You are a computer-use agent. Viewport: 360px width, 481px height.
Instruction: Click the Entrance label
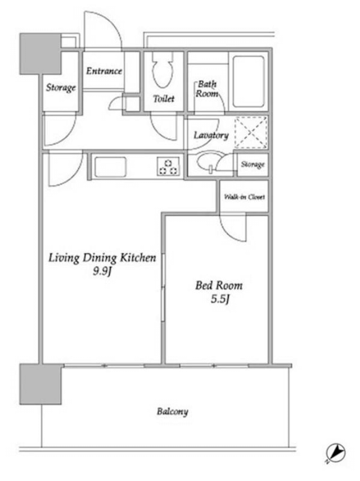104,71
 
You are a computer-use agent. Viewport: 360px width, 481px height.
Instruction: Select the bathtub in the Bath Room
248,82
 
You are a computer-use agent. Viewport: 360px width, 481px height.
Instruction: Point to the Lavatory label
211,135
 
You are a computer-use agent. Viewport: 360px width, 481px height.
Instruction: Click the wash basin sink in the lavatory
208,162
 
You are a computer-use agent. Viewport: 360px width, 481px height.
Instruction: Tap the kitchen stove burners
168,167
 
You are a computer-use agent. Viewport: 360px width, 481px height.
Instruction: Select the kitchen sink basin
110,167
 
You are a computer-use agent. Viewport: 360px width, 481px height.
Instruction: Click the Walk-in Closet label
245,197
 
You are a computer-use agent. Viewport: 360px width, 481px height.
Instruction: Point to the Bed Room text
219,286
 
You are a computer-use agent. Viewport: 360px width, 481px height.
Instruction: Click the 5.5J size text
220,299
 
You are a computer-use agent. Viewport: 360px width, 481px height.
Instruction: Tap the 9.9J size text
102,271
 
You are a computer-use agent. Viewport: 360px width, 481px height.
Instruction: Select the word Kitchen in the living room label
138,257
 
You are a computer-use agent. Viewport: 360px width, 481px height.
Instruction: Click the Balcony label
173,412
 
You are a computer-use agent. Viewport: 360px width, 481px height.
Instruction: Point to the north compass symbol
336,453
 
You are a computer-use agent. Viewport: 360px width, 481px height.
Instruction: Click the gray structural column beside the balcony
40,384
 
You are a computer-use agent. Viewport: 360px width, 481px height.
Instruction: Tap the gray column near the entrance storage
40,54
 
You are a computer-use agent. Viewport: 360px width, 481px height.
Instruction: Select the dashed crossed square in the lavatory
251,133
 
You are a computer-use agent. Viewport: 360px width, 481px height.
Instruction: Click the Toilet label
164,99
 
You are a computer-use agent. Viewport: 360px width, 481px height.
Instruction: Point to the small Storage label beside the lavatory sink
253,164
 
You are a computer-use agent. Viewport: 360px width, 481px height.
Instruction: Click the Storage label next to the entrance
61,88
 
